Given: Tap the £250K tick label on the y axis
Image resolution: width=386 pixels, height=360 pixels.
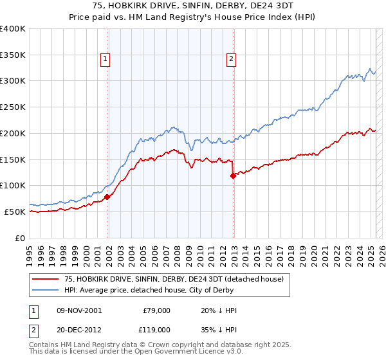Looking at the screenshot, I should [13, 107].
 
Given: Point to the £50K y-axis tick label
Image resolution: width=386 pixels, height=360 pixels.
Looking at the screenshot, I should [15, 212].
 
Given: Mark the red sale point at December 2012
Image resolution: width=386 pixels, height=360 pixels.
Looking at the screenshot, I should [233, 175].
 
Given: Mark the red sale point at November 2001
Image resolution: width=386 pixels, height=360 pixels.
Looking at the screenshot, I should [107, 197].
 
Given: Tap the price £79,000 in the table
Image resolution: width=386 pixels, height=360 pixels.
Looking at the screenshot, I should [156, 310].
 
